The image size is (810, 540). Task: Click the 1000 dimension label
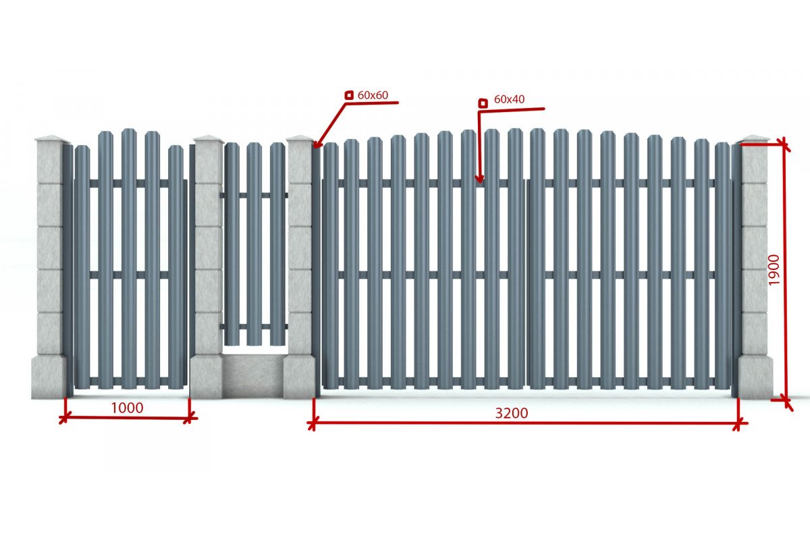click(127, 408)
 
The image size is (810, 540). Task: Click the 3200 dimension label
click(512, 413)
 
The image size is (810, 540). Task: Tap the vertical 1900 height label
click(774, 270)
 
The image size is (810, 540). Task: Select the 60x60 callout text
click(373, 95)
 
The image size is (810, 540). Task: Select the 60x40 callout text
click(509, 99)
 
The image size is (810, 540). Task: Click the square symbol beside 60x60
click(349, 95)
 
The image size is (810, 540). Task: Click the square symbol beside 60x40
click(483, 103)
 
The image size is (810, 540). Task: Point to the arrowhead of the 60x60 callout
click(315, 146)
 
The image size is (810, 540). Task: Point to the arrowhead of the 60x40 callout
click(479, 180)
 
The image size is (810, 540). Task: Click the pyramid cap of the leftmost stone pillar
click(52, 138)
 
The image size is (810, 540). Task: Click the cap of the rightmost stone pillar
click(753, 139)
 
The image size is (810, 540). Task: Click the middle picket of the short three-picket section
click(254, 244)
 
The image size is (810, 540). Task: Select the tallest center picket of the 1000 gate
click(129, 259)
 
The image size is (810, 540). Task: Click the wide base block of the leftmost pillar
click(49, 377)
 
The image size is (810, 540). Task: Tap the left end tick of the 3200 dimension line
click(313, 423)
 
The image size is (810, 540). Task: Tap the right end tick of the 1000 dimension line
click(189, 418)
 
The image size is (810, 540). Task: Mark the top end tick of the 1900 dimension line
click(784, 144)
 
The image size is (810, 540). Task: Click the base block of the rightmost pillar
click(755, 377)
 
